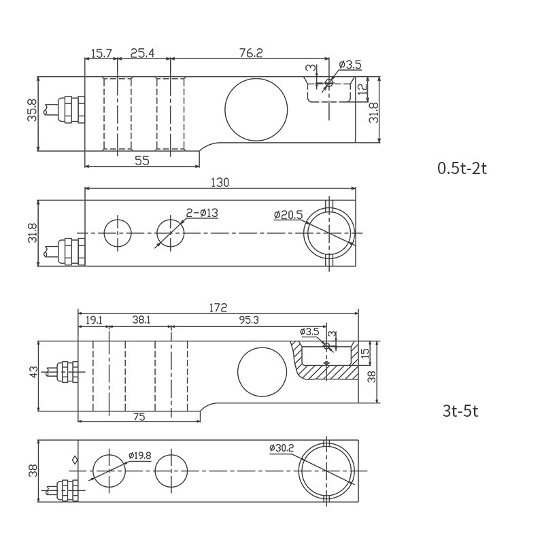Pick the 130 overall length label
pyautogui.click(x=220, y=182)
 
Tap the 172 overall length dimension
pyautogui.click(x=218, y=307)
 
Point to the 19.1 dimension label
pyautogui.click(x=93, y=319)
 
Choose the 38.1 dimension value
pyautogui.click(x=141, y=319)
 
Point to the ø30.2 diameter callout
pyautogui.click(x=282, y=448)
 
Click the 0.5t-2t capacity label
pyautogui.click(x=462, y=168)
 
